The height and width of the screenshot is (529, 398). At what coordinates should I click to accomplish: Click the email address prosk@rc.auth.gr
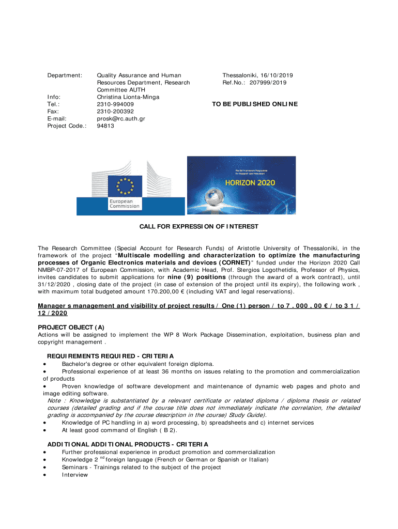click(121, 118)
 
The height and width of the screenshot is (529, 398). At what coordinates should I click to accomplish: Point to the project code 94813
click(105, 126)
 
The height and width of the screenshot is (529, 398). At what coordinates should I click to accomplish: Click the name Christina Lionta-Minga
click(128, 97)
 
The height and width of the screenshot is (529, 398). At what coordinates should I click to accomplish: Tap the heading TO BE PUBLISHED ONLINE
click(255, 104)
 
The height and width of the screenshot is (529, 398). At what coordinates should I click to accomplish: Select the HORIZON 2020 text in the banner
click(250, 182)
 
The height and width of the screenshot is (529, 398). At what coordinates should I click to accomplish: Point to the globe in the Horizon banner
click(212, 197)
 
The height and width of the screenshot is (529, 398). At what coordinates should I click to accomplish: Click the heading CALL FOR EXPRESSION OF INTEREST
click(199, 227)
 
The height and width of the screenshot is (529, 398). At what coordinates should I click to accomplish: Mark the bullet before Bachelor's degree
click(45, 364)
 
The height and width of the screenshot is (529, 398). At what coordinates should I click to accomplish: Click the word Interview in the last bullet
click(75, 475)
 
